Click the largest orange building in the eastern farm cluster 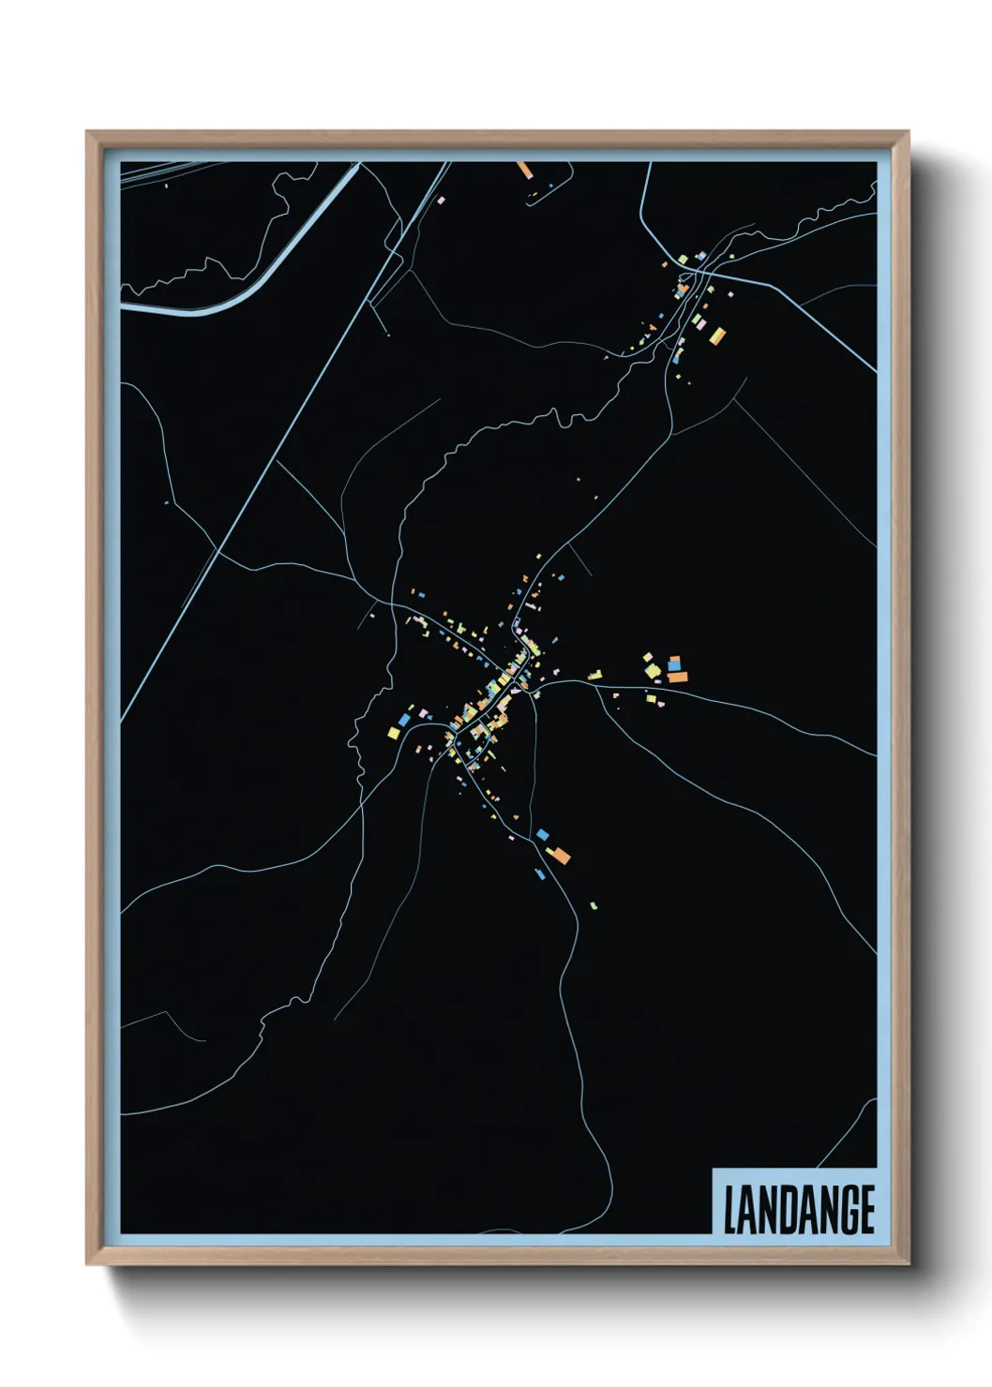[677, 676]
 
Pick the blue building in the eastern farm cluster [674, 664]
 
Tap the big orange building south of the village [558, 854]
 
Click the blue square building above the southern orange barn [542, 833]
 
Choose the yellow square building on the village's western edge [394, 732]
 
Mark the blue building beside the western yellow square [405, 720]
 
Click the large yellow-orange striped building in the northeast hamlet [716, 335]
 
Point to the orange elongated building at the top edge [524, 170]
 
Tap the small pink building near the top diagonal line [440, 200]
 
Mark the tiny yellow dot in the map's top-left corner [166, 185]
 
